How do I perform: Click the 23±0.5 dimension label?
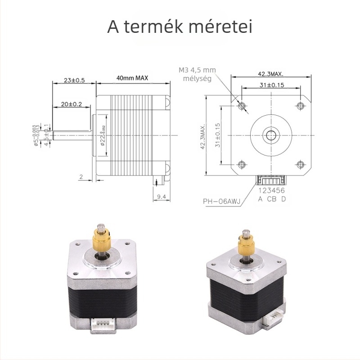[74, 81]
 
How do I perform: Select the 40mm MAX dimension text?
[132, 78]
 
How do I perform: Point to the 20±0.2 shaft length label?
[72, 104]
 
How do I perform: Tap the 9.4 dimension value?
[163, 196]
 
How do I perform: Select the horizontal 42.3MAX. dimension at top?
[270, 73]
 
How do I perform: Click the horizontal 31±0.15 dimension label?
[271, 85]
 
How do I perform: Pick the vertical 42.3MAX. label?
[203, 136]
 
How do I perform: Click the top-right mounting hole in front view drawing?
[300, 106]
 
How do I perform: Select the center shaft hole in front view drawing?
[271, 134]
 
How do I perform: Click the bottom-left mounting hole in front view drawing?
[242, 163]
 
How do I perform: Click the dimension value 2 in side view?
[81, 177]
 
